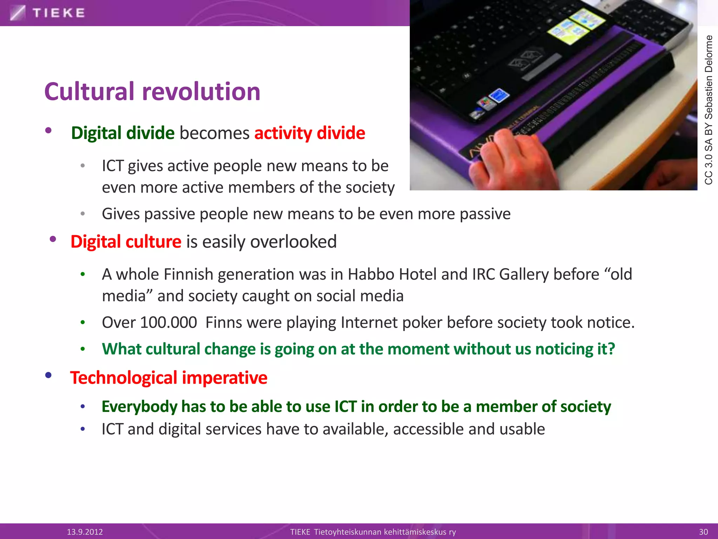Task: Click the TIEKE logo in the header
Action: (x=47, y=13)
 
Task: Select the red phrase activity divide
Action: (x=310, y=133)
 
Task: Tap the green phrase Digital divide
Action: (x=123, y=133)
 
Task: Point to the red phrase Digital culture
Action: (x=126, y=242)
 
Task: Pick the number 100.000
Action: (x=168, y=322)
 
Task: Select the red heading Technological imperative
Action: (x=169, y=378)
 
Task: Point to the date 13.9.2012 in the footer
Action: (x=85, y=532)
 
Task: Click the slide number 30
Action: (x=703, y=532)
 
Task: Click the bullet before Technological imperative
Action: (x=48, y=375)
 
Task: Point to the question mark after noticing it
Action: (x=611, y=349)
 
